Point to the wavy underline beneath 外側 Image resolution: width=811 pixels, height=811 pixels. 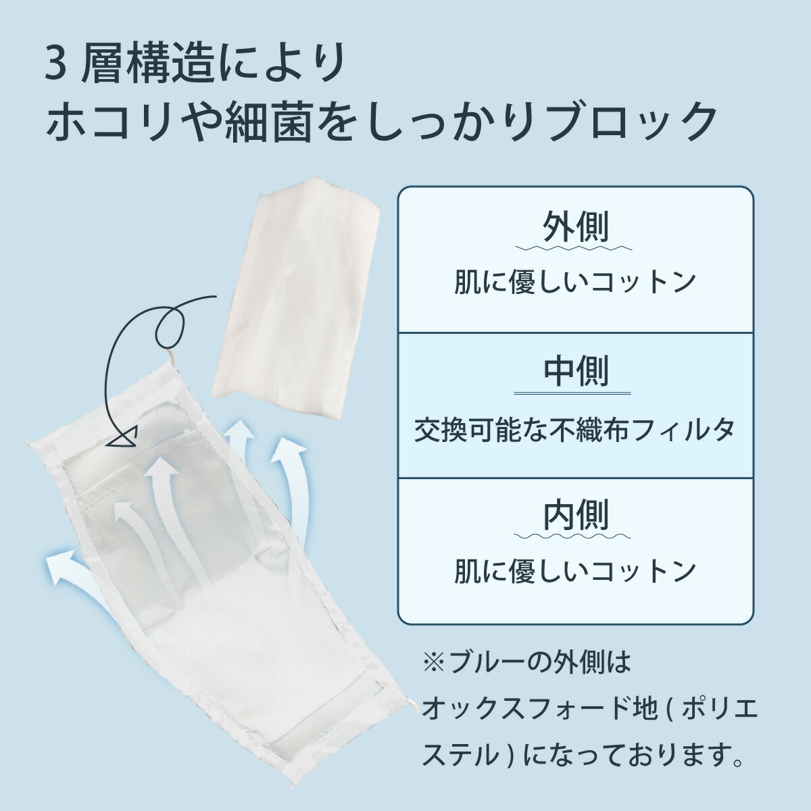pos(573,248)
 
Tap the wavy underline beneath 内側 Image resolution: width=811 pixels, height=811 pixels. pos(572,537)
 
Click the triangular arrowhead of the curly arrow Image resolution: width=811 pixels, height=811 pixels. pos(125,438)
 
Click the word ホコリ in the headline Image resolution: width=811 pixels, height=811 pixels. pos(110,120)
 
